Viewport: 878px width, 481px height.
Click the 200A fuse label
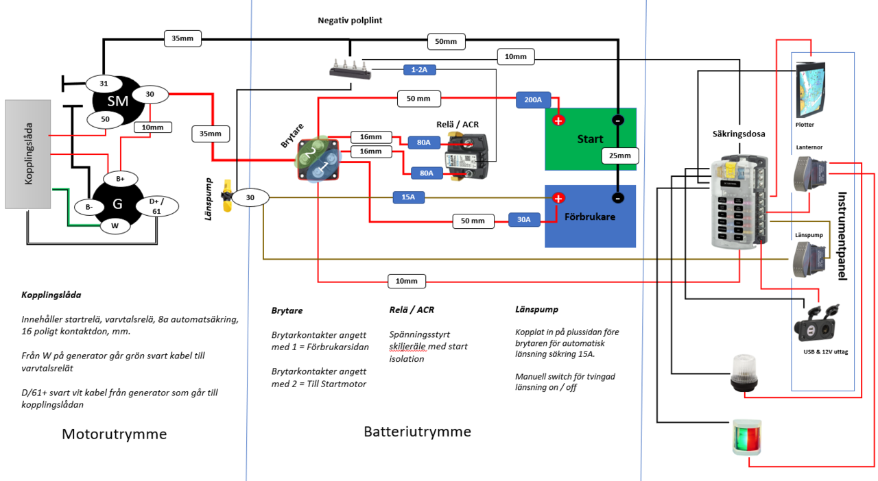pos(534,101)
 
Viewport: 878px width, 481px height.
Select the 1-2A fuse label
pos(419,70)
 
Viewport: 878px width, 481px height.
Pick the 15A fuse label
pos(408,197)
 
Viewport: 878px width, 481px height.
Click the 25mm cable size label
pos(620,156)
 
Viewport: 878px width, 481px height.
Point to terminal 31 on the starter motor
pos(104,84)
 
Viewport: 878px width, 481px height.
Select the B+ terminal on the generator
pos(120,179)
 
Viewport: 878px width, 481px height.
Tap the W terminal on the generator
pos(115,225)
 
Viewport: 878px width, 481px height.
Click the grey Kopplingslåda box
pos(28,154)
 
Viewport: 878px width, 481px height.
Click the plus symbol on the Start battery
pos(558,121)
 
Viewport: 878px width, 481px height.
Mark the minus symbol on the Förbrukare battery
pos(618,198)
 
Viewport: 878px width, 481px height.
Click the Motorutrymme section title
pos(115,434)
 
